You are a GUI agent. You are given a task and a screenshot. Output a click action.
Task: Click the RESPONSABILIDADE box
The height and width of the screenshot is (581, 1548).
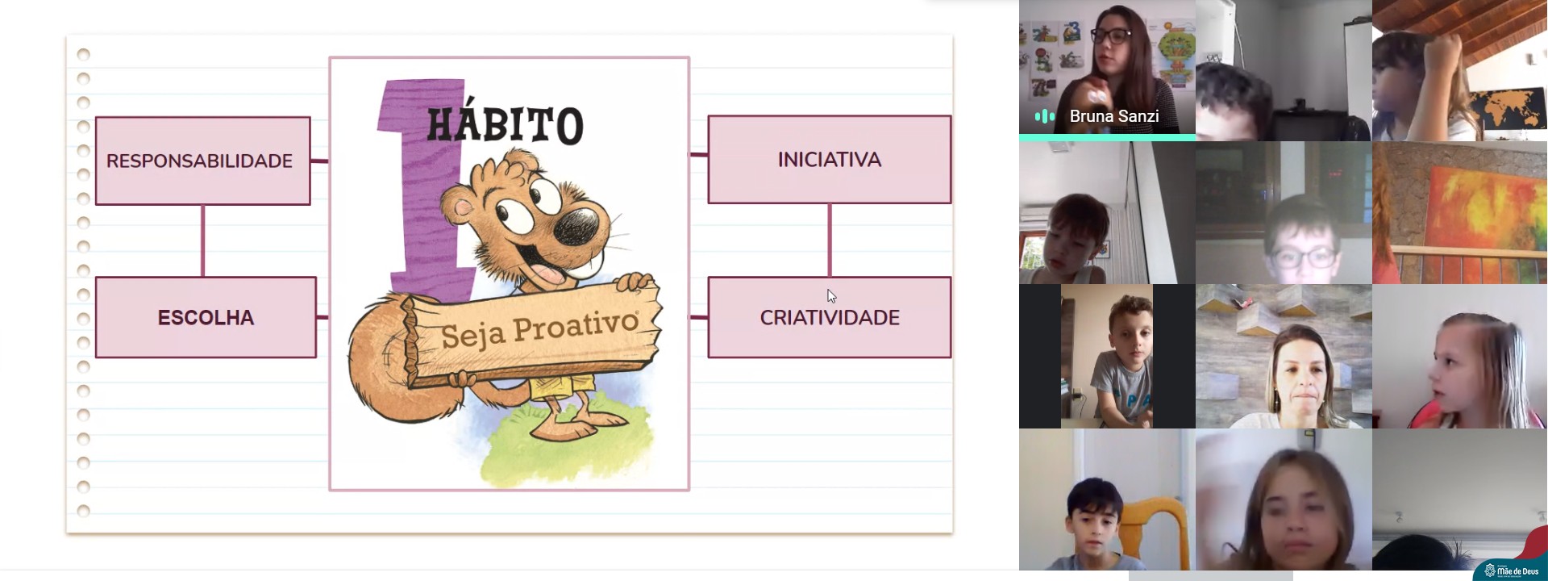tap(202, 161)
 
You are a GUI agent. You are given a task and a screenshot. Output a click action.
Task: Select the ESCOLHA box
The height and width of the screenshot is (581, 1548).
tap(206, 317)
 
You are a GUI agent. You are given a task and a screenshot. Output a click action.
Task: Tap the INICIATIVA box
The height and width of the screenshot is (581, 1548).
tap(830, 159)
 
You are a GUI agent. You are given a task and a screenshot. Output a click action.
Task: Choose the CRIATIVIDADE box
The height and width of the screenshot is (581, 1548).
tap(830, 317)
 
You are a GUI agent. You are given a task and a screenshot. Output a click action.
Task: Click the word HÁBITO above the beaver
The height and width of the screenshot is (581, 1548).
tap(505, 124)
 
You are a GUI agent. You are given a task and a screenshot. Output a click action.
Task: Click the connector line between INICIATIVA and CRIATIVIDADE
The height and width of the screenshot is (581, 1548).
tap(830, 240)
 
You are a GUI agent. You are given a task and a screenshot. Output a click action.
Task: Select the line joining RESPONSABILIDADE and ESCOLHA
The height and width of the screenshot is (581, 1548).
tap(202, 241)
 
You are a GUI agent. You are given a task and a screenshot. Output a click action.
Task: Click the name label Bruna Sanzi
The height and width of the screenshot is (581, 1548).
tap(1113, 116)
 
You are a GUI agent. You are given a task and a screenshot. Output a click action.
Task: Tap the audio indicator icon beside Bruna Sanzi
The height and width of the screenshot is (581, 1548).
tap(1045, 116)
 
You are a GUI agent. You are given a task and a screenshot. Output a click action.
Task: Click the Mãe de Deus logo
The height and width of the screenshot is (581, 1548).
tap(1511, 571)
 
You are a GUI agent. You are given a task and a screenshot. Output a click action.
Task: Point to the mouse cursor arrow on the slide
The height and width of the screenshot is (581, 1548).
tap(831, 296)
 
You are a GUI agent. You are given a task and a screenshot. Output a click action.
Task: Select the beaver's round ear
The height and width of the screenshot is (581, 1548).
tap(462, 207)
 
